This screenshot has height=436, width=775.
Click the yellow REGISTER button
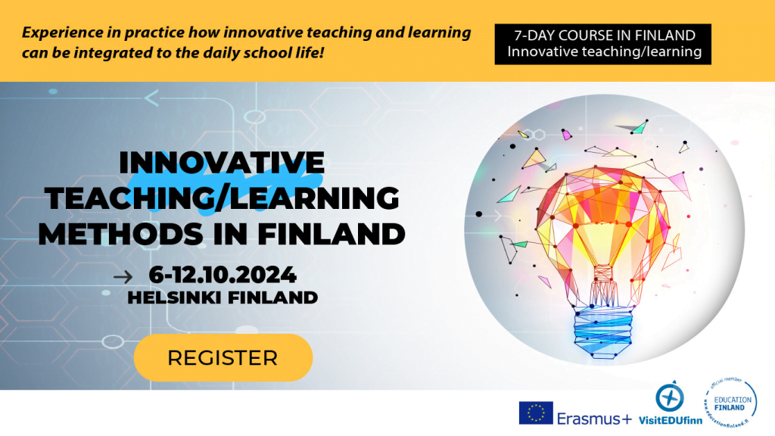[223, 357]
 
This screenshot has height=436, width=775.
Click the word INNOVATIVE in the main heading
[222, 163]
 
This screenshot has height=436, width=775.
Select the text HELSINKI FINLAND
[223, 297]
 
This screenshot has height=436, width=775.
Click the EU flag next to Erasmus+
[535, 413]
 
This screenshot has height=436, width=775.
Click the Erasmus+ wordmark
[593, 418]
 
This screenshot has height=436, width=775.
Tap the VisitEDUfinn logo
[669, 405]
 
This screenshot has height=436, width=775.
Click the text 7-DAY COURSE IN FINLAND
[604, 35]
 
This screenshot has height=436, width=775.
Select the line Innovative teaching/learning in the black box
[604, 52]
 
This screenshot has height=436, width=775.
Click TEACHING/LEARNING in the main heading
[222, 198]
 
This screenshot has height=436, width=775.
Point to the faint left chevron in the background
[151, 97]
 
